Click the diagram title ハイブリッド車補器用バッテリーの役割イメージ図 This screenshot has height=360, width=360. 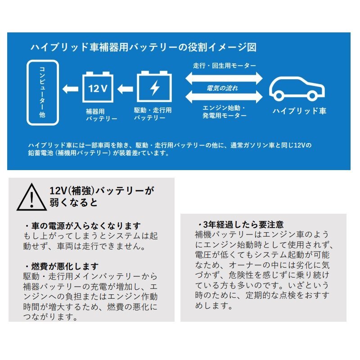coord(143,47)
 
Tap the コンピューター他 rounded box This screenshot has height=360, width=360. coord(43,92)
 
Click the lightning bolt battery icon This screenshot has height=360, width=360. coord(153,87)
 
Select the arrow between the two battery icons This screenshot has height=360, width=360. coord(126,89)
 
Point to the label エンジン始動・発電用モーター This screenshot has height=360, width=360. coord(224,112)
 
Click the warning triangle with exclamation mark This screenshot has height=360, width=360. coord(31,197)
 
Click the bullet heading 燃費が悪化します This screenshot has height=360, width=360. coord(62,266)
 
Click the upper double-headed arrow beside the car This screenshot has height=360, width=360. coord(224,77)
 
